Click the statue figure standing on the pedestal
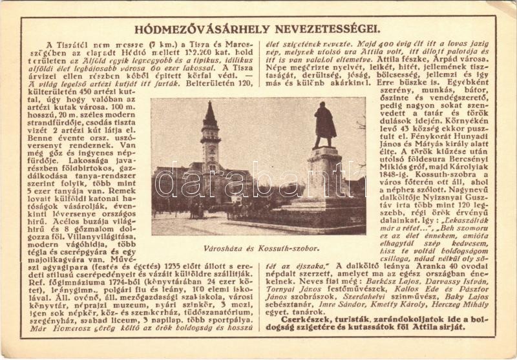coord(324,125)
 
